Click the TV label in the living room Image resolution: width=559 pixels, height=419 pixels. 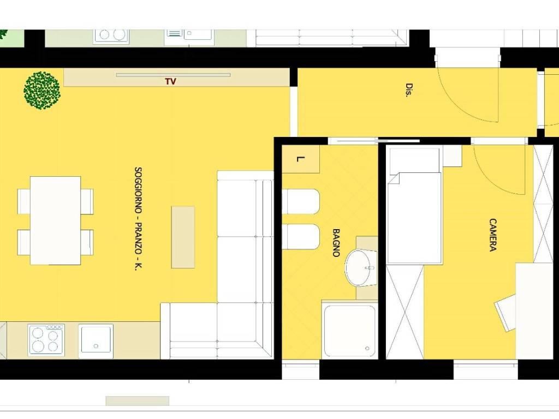click(x=171, y=82)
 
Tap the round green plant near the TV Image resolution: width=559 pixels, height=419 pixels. click(x=42, y=91)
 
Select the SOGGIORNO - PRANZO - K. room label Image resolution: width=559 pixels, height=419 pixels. click(x=138, y=219)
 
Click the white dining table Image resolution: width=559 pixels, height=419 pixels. click(x=55, y=220)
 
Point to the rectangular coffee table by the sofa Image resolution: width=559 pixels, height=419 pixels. click(x=183, y=237)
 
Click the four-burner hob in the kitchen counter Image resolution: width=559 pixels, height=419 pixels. click(x=46, y=340)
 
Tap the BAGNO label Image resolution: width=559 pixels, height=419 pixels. click(x=336, y=243)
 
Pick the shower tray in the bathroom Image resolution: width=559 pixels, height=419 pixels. click(x=349, y=330)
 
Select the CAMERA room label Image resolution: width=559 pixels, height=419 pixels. click(x=493, y=235)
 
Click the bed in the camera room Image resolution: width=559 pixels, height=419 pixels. click(x=415, y=206)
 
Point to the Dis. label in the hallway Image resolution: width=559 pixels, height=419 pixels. click(x=409, y=90)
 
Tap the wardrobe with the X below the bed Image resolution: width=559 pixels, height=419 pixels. click(x=405, y=312)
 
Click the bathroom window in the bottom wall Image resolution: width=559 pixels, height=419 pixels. click(x=301, y=369)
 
